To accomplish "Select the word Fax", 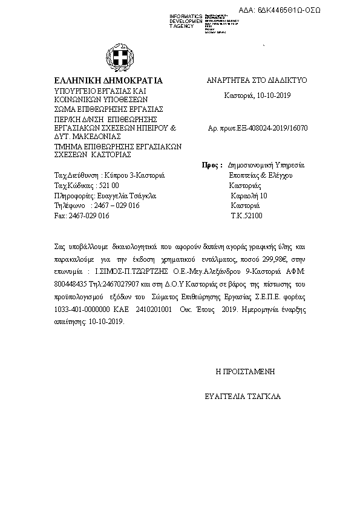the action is pyautogui.click(x=60, y=216).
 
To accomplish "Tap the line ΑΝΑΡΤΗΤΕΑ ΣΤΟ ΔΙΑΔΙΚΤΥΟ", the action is pyautogui.click(x=258, y=80).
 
